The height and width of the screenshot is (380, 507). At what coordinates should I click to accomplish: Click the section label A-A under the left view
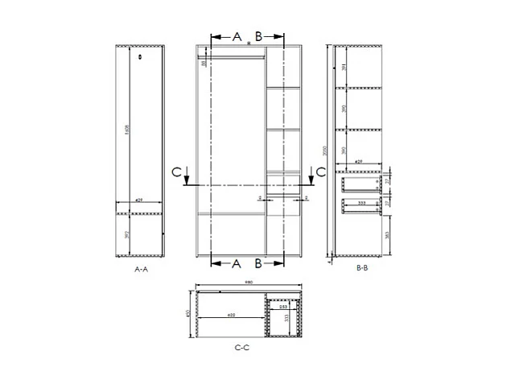point(141,271)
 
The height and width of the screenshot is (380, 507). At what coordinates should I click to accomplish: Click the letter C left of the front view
point(176,171)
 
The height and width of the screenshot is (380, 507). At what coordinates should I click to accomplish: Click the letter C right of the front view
point(319,171)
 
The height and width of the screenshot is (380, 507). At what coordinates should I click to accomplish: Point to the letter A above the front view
point(237,36)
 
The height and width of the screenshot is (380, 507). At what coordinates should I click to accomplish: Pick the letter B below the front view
point(258,263)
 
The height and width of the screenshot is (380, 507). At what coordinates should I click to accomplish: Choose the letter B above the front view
point(258,36)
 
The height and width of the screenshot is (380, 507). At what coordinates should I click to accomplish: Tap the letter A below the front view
point(237,263)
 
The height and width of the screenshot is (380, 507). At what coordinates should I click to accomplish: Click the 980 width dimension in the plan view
point(250,283)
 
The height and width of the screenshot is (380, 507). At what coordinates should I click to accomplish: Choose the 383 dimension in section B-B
point(387,234)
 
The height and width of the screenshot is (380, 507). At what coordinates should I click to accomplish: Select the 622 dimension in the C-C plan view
point(232,315)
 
